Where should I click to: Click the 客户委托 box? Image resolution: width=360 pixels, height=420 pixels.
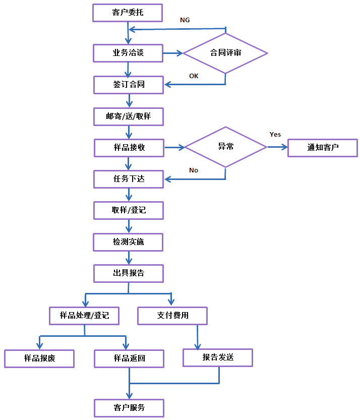coord(128,13)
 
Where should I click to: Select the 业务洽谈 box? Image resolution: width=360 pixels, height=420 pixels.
coord(128,53)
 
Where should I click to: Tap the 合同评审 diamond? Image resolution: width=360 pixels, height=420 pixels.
coord(225,53)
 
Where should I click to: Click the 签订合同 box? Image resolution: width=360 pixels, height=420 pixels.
coord(129,85)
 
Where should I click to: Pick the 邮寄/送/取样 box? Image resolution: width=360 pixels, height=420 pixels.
coord(128,116)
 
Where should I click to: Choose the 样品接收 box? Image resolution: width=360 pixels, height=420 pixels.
coord(129,148)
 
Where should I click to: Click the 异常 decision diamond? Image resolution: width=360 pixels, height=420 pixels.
coord(225,147)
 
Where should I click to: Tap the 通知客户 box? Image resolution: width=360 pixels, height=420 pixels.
coord(323,148)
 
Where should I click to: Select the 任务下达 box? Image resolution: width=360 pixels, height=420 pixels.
coord(129,178)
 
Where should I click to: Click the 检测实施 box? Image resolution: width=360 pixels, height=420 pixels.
coord(128,242)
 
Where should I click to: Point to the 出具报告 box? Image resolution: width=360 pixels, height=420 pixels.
coord(128,273)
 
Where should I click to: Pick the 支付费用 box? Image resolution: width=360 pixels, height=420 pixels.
coord(172,316)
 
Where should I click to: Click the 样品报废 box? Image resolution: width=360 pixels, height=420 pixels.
coord(39,358)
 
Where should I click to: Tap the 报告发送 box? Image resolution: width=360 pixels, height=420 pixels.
coord(218,357)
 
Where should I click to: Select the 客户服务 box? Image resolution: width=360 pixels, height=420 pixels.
coord(129,407)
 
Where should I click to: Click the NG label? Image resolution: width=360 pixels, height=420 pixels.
coord(185,20)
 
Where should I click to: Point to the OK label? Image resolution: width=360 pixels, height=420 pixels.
coord(194,76)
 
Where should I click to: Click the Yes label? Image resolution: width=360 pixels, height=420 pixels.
coord(275,135)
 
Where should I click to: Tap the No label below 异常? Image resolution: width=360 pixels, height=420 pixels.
coord(194,170)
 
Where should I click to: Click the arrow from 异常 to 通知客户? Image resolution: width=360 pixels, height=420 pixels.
coord(277,147)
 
